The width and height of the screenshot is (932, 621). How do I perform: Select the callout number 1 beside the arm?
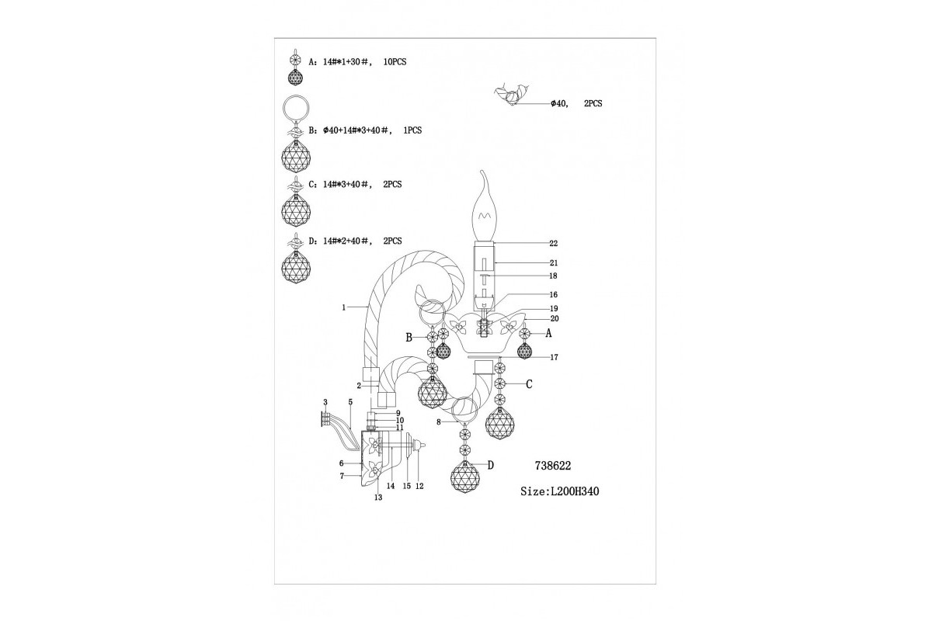343,307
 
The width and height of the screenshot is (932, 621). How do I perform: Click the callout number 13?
378,498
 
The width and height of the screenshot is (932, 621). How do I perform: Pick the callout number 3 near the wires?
325,401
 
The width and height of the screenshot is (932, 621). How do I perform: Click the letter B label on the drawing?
409,338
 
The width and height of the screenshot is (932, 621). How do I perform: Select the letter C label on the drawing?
529,383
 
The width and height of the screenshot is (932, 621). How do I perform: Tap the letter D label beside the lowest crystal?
490,465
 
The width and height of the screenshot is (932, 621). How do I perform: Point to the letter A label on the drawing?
548,333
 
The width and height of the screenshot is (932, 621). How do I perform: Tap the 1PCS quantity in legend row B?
412,131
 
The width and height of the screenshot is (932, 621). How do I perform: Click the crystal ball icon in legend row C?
296,208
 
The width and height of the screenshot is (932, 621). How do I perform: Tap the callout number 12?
419,486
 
